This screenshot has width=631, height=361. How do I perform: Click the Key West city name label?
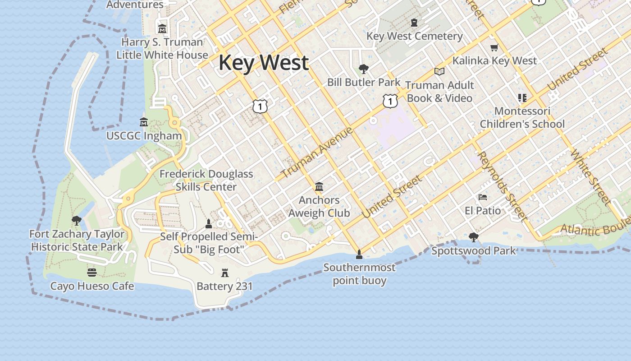pyautogui.click(x=264, y=62)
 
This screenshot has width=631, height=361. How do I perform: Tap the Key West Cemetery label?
pyautogui.click(x=414, y=36)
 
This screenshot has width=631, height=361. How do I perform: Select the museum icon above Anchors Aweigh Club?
pyautogui.click(x=319, y=186)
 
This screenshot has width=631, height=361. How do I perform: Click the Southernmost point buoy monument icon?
pyautogui.click(x=359, y=255)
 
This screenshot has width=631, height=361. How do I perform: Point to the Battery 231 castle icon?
pyautogui.click(x=224, y=273)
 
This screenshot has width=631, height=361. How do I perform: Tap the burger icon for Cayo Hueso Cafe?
pyautogui.click(x=92, y=273)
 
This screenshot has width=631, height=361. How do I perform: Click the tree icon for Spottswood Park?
pyautogui.click(x=473, y=237)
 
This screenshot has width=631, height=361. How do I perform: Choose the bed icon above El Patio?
pyautogui.click(x=483, y=197)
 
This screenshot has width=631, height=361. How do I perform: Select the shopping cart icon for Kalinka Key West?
pyautogui.click(x=494, y=47)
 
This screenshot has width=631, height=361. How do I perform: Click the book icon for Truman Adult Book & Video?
pyautogui.click(x=439, y=71)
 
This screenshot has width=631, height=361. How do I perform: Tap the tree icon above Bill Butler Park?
pyautogui.click(x=363, y=69)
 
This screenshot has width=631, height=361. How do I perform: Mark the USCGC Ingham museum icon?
pyautogui.click(x=144, y=122)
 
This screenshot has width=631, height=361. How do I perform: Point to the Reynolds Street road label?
pyautogui.click(x=502, y=186)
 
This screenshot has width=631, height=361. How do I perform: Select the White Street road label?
pyautogui.click(x=590, y=178)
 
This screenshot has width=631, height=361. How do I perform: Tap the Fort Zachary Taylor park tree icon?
pyautogui.click(x=77, y=221)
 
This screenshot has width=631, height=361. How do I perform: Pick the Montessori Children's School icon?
pyautogui.click(x=522, y=98)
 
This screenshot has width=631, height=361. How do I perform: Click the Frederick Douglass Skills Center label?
pyautogui.click(x=206, y=180)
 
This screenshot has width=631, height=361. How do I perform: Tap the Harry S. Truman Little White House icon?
pyautogui.click(x=162, y=29)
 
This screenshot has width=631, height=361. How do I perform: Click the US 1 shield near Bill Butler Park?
pyautogui.click(x=390, y=101)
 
